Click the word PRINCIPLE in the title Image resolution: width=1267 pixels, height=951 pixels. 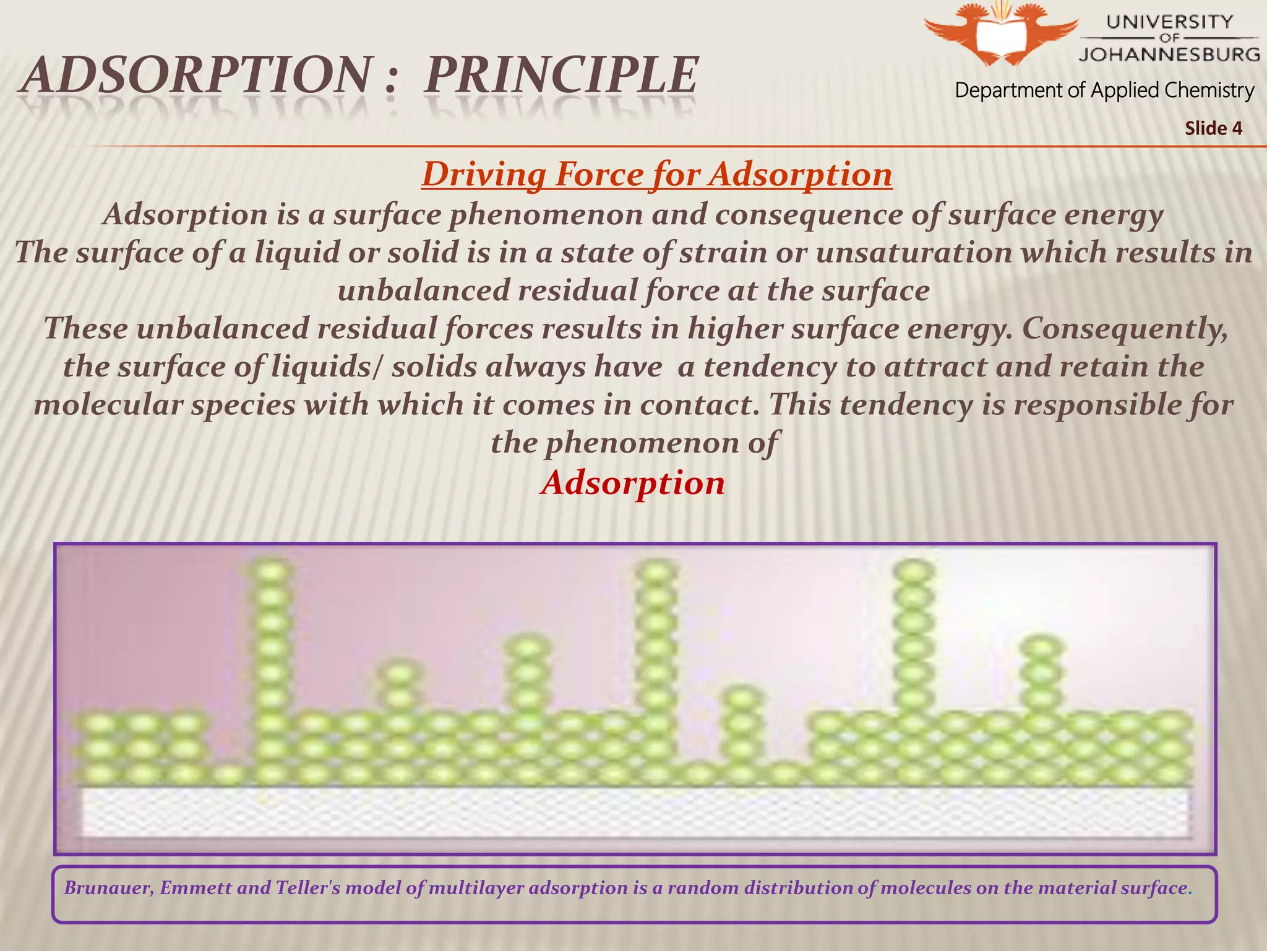click(x=560, y=76)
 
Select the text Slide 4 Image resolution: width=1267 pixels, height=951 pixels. click(x=1213, y=128)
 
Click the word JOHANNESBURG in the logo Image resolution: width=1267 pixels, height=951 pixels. click(x=1169, y=54)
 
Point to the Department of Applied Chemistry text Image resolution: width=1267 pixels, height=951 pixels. click(x=1104, y=90)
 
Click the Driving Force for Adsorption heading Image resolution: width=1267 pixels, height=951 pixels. click(x=656, y=174)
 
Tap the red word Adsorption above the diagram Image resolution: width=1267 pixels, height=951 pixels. click(x=632, y=482)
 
